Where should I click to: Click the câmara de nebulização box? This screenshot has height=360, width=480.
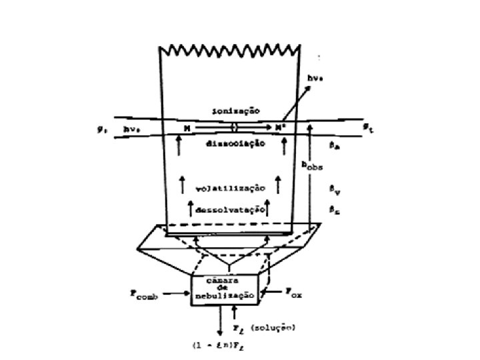point(225,289)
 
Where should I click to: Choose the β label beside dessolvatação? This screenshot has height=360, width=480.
point(334,209)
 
